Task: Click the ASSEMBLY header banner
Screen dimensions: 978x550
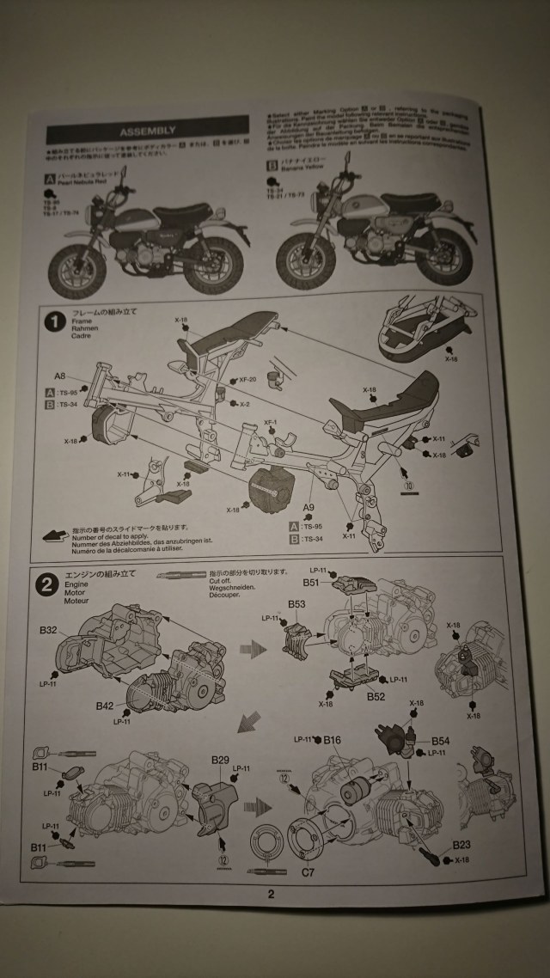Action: (147, 131)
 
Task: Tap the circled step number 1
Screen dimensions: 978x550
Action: (55, 322)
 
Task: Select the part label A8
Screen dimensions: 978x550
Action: (60, 376)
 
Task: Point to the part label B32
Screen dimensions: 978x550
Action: (48, 630)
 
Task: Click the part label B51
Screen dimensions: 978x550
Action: (311, 582)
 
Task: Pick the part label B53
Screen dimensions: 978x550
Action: (296, 603)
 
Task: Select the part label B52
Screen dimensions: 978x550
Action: (375, 696)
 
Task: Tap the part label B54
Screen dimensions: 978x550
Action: (440, 739)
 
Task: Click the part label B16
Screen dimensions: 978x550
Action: (333, 739)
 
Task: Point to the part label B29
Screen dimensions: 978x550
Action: (221, 761)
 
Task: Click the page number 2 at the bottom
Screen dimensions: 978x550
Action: (271, 894)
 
